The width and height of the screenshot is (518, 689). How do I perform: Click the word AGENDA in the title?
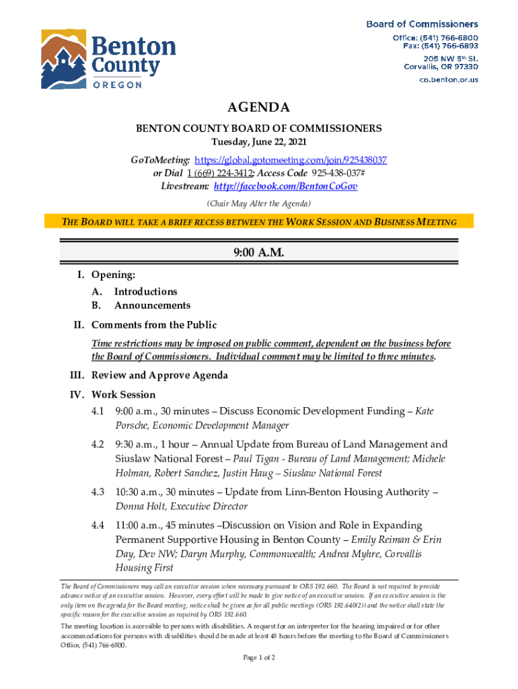(259, 108)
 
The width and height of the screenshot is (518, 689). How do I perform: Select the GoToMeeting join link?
(290, 161)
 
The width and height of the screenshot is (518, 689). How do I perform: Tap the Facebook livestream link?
(286, 186)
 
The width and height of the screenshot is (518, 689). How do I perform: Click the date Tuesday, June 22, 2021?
(259, 143)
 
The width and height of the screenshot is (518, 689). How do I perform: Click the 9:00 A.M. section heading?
(259, 253)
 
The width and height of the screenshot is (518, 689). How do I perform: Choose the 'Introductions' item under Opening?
(145, 291)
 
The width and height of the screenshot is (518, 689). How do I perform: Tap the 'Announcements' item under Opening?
(152, 305)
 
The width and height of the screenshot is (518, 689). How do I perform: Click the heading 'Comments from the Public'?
(154, 326)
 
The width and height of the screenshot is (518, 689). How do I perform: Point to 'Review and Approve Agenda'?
(159, 375)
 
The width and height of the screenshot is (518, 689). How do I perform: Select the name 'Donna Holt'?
(139, 507)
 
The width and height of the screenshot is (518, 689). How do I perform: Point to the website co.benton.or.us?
(449, 79)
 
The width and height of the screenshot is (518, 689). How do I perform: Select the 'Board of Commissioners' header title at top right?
(422, 24)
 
